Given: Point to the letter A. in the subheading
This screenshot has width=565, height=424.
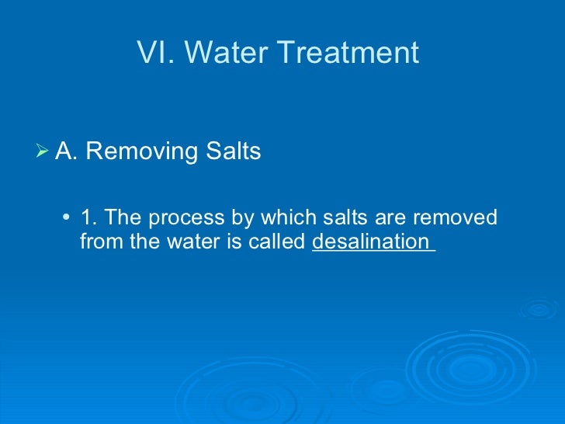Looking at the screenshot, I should pyautogui.click(x=67, y=151).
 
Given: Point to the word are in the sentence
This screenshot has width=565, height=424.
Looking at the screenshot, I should pyautogui.click(x=400, y=217).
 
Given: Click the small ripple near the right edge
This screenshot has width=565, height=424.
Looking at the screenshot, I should pyautogui.click(x=539, y=309).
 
